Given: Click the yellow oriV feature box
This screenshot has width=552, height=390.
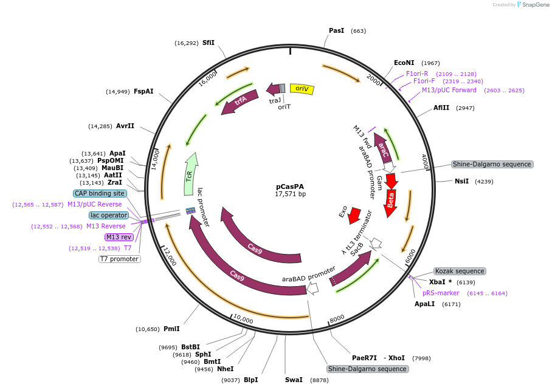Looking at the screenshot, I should click(302, 89).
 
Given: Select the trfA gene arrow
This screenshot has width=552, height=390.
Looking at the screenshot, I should click(240, 101).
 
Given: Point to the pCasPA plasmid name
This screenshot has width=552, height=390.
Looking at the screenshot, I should click(290, 186).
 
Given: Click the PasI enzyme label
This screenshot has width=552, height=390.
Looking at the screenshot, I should click(336, 30).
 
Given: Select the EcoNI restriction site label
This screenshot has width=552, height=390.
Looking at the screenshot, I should click(404, 63).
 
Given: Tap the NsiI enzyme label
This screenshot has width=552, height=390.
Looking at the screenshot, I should click(461, 181).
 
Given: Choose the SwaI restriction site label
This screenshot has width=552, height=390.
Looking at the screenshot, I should click(294, 380).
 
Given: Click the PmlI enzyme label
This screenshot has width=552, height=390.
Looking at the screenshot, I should click(171, 329).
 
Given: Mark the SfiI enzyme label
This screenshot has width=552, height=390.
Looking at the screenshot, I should click(209, 43).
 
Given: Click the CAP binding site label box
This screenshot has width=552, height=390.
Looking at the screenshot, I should click(100, 193).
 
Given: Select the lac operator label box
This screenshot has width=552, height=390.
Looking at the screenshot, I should click(109, 215).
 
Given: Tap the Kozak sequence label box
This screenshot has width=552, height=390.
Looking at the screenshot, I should click(459, 271).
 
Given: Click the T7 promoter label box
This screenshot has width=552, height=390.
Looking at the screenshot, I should click(119, 259).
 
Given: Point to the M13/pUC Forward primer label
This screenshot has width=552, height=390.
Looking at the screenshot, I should click(449, 91).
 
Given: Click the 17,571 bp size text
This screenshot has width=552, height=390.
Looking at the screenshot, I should click(290, 194).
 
